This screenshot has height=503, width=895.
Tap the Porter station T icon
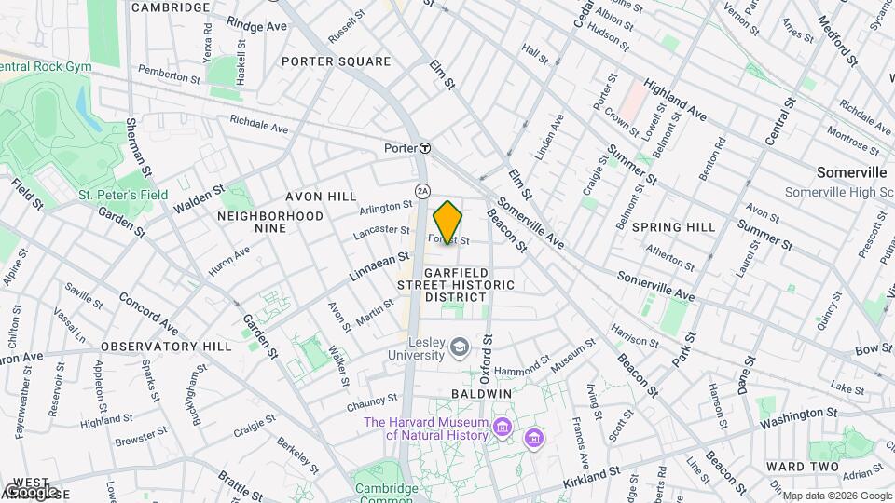tap(424, 148)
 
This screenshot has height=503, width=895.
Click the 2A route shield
tap(421, 191)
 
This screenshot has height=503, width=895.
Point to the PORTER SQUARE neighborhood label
tap(336, 61)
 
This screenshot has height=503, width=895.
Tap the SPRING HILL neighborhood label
tap(673, 226)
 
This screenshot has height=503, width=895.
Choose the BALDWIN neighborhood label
tap(482, 394)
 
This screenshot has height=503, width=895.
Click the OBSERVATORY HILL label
tap(166, 346)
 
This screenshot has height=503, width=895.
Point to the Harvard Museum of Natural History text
tap(426, 428)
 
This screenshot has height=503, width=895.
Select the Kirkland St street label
tap(588, 475)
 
